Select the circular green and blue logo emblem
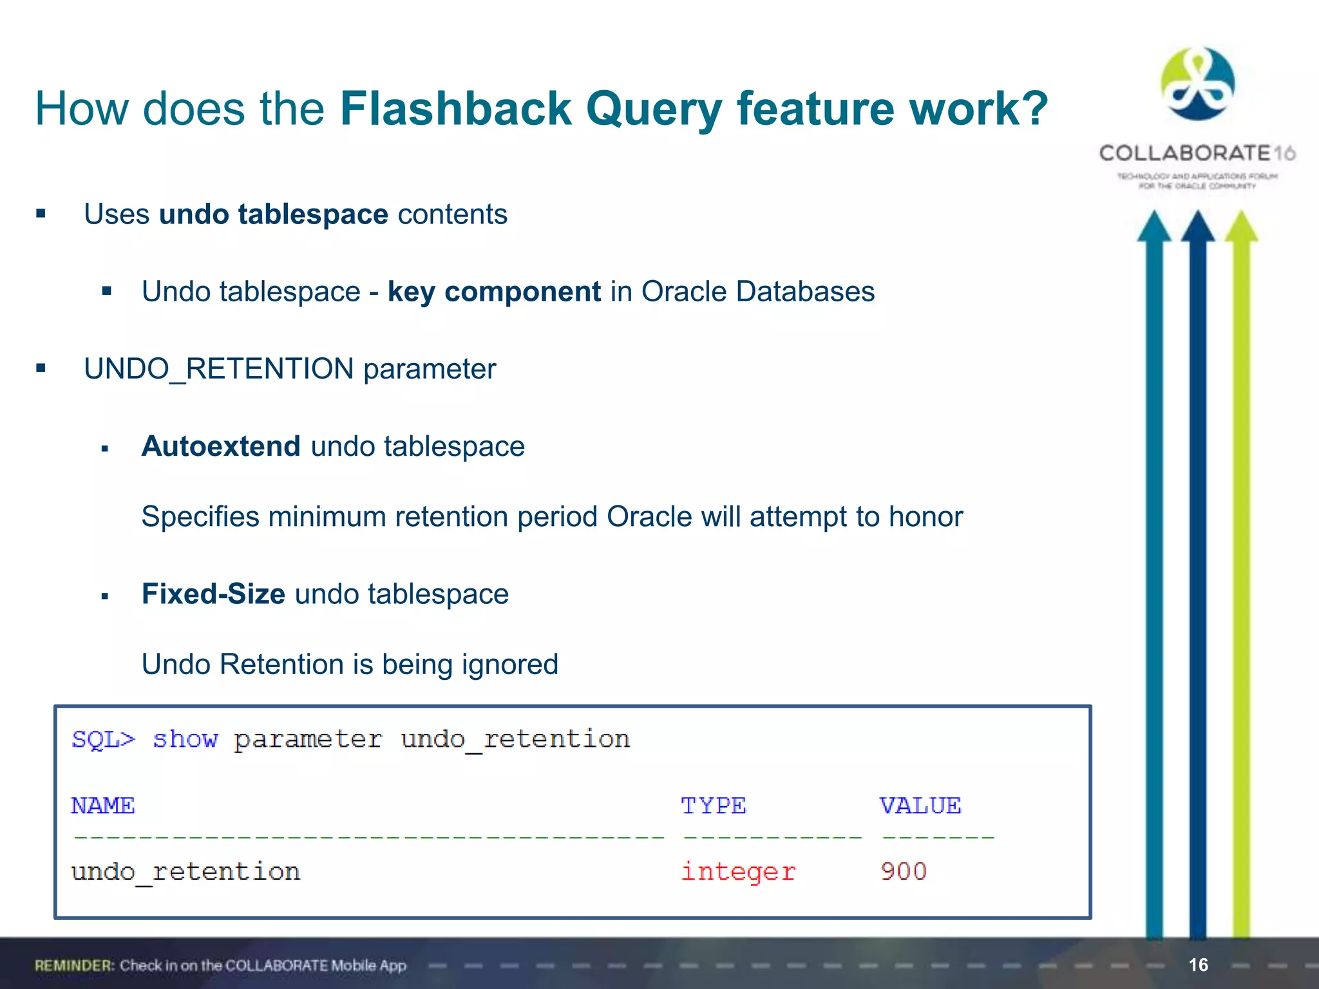coord(1197,84)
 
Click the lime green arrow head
coord(1241,227)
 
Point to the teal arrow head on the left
coord(1154,227)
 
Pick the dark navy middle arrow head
coord(1198,227)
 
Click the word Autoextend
coord(221,446)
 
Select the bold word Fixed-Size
coord(213,594)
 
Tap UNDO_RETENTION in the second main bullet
coord(218,369)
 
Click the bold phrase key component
coord(494,292)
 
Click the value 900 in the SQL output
coord(904,872)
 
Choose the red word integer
coord(738,872)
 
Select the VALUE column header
coord(920,805)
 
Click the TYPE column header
coord(714,805)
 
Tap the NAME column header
coord(103,805)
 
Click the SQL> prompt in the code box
coord(104,739)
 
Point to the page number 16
coord(1198,965)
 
